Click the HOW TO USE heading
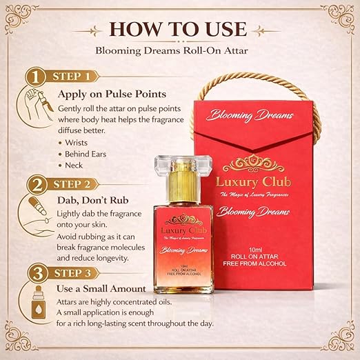[178, 29]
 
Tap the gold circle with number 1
[36, 77]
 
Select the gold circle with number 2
[37, 185]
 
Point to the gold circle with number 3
[38, 273]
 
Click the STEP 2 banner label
[72, 185]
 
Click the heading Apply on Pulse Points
[112, 94]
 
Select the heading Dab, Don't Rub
[92, 200]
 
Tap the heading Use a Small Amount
[101, 289]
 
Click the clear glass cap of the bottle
[183, 164]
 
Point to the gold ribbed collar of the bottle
[183, 188]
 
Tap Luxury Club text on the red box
[253, 182]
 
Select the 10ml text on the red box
[255, 250]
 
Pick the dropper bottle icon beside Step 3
[39, 302]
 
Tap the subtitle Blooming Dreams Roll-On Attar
[172, 50]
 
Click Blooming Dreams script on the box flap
[250, 115]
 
